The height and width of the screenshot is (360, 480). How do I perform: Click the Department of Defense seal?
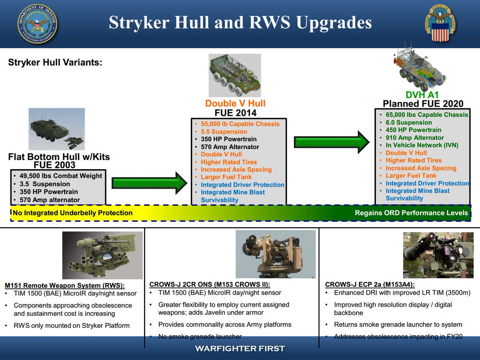point(37,24)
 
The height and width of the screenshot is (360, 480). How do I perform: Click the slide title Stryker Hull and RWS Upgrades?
point(240,23)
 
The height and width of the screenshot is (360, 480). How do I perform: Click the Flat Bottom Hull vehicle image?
point(56,129)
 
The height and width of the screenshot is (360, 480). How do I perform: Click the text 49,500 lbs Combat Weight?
point(61,176)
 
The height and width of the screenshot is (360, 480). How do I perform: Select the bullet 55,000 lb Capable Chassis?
point(240,124)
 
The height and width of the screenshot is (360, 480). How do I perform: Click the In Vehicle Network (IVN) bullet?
point(422,145)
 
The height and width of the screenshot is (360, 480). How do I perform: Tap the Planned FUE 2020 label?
point(423,104)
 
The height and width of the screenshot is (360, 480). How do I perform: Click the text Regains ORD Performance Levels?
point(411,213)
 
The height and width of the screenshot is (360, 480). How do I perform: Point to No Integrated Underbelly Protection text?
point(72,213)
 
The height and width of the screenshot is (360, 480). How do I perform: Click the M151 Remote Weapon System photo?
point(102,255)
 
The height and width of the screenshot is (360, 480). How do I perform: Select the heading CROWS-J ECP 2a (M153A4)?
point(370,284)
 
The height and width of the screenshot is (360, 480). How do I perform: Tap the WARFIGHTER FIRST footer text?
point(240,348)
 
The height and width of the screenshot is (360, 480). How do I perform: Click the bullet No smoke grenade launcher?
point(200,336)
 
